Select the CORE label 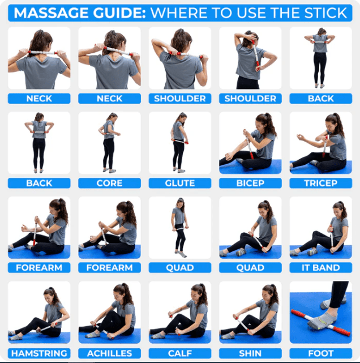[x=109, y=183]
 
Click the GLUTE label [x=179, y=183]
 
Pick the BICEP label [x=250, y=183]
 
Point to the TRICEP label [x=320, y=183]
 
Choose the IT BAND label [x=320, y=267]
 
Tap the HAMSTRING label [x=39, y=353]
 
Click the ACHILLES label [x=109, y=353]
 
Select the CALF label [x=179, y=353]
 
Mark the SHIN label [x=250, y=353]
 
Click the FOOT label [x=320, y=353]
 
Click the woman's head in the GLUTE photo [x=181, y=117]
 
